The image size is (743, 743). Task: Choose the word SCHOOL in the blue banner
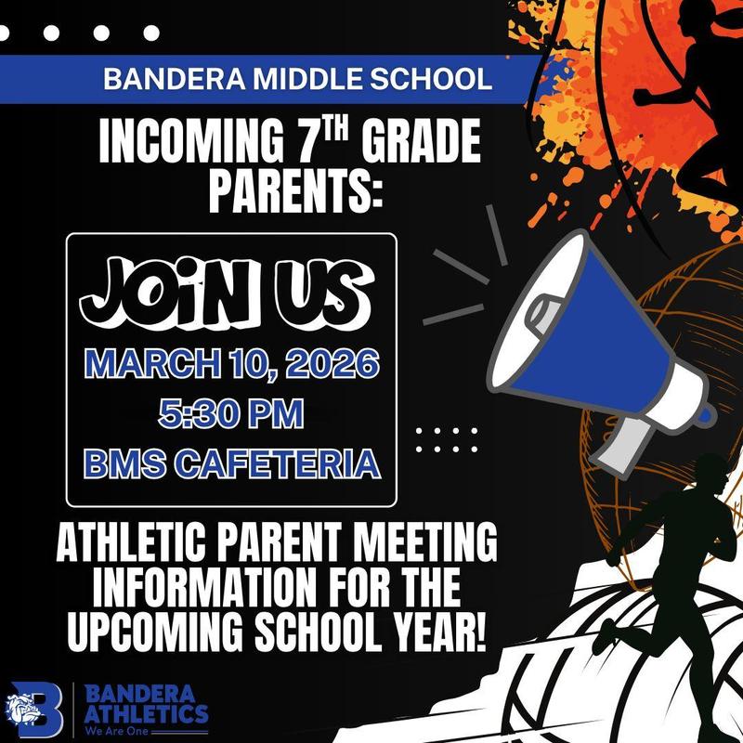pyautogui.click(x=428, y=78)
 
